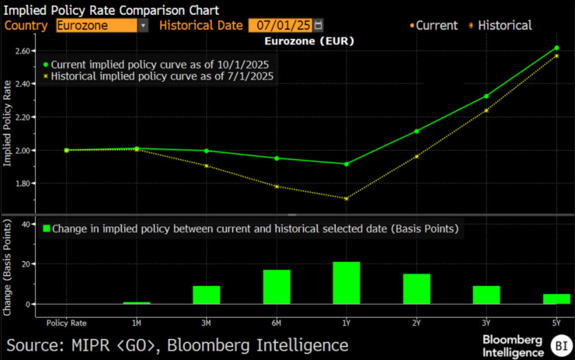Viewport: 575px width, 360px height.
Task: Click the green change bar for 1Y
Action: click(347, 283)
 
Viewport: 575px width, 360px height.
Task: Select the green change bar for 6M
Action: click(277, 287)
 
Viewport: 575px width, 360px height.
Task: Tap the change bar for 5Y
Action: click(556, 299)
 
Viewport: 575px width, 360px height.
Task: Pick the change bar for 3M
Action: click(207, 295)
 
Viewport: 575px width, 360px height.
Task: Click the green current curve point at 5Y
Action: click(556, 48)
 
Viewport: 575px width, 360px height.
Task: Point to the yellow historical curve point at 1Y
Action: click(347, 198)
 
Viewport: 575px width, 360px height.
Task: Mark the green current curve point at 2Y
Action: click(416, 131)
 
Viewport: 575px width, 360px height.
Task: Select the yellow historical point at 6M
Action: click(277, 187)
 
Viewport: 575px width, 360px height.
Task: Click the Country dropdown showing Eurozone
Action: click(102, 25)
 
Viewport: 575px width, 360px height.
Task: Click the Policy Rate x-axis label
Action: click(66, 322)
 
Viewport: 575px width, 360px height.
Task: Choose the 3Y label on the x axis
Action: click(486, 322)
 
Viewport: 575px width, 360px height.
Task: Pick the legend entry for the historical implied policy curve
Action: click(160, 76)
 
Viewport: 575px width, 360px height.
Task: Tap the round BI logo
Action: click(559, 344)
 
